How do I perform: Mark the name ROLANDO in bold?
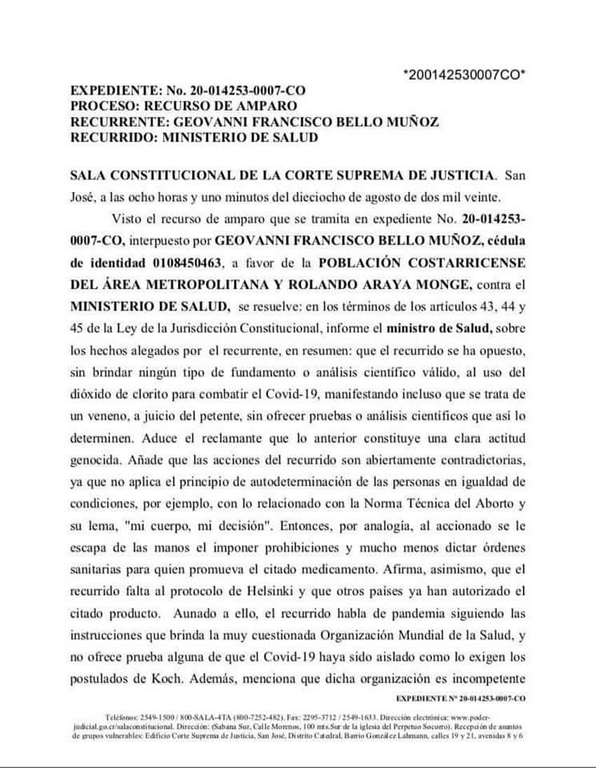click(x=289, y=285)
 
